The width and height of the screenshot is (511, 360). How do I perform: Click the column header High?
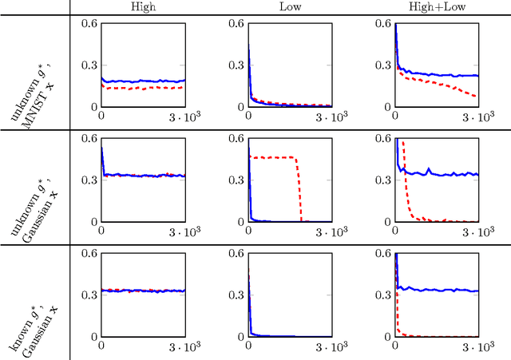pyautogui.click(x=143, y=7)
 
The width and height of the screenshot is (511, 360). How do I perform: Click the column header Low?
pyautogui.click(x=290, y=7)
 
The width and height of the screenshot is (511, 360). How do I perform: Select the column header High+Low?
pyautogui.click(x=437, y=7)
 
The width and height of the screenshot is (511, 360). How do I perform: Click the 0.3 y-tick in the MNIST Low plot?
pyautogui.click(x=236, y=65)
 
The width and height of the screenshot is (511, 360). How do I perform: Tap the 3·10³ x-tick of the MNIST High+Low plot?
pyautogui.click(x=477, y=117)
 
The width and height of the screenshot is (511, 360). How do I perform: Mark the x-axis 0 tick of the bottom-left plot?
pyautogui.click(x=101, y=346)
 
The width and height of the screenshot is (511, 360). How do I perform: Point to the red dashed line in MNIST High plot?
pyautogui.click(x=144, y=88)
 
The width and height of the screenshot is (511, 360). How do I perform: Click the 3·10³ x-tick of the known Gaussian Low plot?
pyautogui.click(x=331, y=346)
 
